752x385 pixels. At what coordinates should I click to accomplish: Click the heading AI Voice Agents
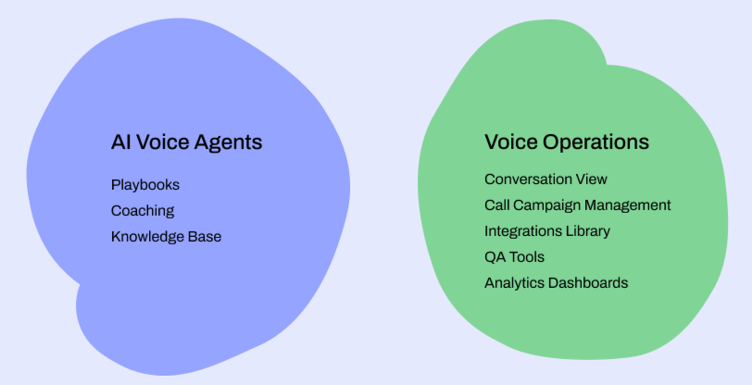coord(186,143)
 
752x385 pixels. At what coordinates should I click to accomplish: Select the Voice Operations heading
coord(566,143)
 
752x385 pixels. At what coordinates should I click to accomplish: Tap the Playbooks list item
coord(144,185)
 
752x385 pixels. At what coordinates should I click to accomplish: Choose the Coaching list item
coord(142,211)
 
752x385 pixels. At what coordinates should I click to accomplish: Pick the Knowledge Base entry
coord(166,237)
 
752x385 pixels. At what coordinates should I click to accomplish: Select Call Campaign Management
coord(577,205)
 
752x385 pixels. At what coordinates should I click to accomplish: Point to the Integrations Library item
coord(546,231)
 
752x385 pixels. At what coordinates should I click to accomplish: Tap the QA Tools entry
coord(514,257)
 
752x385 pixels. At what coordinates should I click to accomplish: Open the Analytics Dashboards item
coord(556,283)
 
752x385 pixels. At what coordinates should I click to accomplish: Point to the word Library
coord(586,231)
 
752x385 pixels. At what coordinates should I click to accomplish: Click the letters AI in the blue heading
coord(119,143)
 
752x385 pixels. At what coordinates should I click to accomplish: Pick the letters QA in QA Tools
coord(495,257)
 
